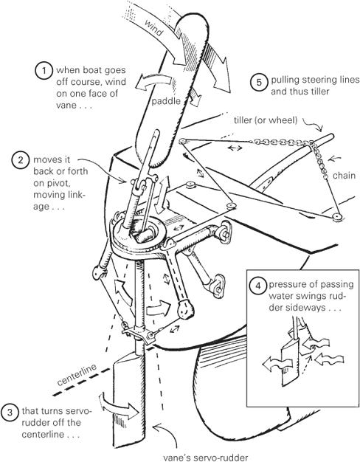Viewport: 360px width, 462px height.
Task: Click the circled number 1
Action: (x=44, y=70)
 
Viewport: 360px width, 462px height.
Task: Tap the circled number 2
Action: (x=21, y=160)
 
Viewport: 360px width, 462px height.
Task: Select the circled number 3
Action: (x=10, y=413)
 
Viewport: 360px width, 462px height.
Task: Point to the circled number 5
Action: (x=259, y=82)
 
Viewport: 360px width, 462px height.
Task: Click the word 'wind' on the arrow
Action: (x=154, y=27)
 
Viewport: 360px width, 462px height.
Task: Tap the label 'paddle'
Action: (x=166, y=101)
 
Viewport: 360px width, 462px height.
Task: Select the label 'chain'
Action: (x=344, y=176)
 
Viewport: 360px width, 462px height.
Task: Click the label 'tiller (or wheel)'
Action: (x=266, y=120)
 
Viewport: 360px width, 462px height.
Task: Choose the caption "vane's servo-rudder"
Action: (x=206, y=458)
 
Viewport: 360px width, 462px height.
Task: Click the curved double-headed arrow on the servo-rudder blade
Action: (x=119, y=406)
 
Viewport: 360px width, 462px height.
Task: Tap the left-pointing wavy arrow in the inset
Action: (x=277, y=365)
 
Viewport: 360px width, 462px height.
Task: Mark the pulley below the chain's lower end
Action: (x=336, y=218)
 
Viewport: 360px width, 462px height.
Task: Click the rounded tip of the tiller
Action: (x=331, y=137)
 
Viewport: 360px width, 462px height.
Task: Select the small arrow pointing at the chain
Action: (x=335, y=159)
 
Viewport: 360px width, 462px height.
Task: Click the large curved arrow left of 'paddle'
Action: (x=153, y=82)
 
